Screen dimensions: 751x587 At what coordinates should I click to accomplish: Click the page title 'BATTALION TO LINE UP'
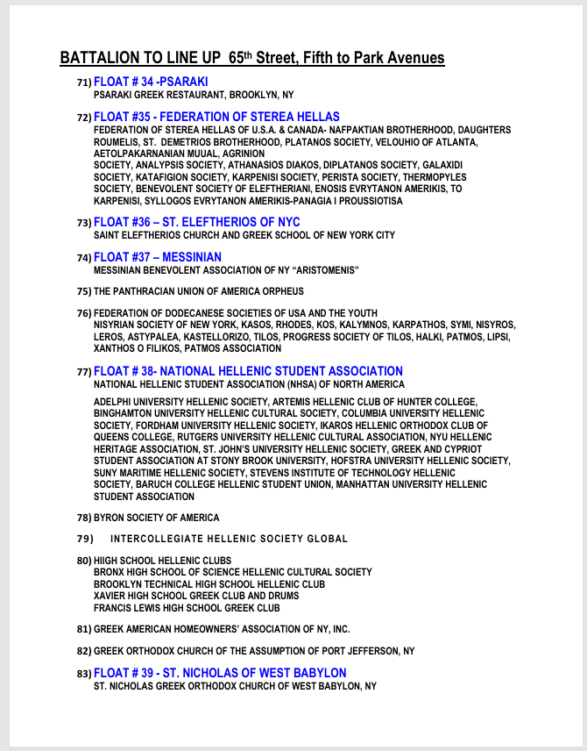[x=140, y=58]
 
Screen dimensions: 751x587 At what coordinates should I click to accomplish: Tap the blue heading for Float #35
[x=216, y=117]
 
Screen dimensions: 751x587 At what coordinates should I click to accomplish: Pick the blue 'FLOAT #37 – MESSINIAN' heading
[x=158, y=257]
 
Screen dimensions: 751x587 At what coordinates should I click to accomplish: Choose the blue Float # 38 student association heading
[x=248, y=371]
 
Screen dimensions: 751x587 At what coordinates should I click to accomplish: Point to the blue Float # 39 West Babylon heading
[x=220, y=673]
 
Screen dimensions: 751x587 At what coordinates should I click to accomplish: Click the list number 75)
[x=84, y=291]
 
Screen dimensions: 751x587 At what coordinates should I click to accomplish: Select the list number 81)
[x=84, y=629]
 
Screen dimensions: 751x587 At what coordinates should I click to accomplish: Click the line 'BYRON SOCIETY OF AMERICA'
[x=157, y=518]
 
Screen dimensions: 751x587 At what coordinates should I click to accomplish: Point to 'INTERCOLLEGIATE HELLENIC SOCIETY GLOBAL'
[x=230, y=539]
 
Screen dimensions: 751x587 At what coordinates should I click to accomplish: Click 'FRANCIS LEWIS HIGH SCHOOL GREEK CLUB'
[x=187, y=608]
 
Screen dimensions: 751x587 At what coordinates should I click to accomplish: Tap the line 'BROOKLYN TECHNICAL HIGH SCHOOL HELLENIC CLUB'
[x=209, y=584]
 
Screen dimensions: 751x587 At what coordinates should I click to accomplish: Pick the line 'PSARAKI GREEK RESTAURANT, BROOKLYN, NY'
[x=194, y=95]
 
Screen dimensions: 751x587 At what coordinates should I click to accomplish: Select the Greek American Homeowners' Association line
[x=222, y=629]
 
